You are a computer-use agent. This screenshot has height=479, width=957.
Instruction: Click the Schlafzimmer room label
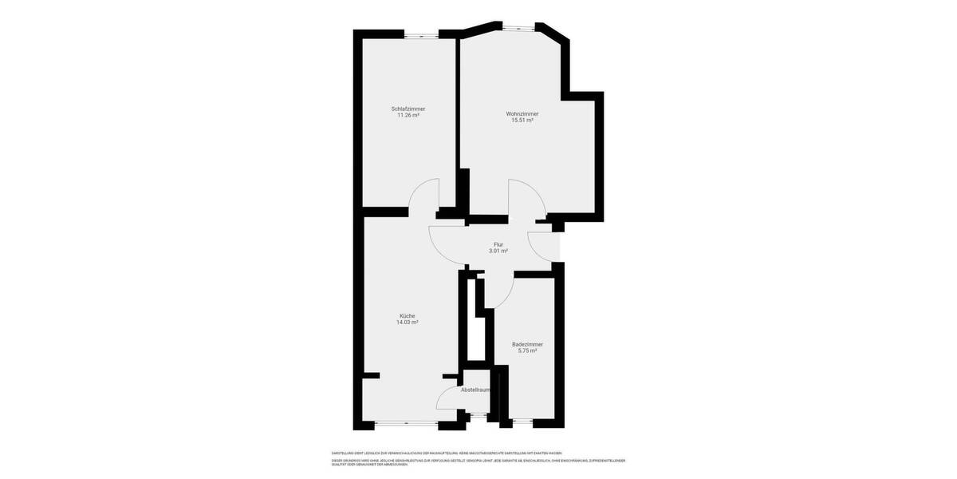(x=408, y=109)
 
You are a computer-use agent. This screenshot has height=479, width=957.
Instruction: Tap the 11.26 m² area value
(x=408, y=115)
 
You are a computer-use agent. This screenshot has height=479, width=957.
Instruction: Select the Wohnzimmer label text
(x=522, y=113)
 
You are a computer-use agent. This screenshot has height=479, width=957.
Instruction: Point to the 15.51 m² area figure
(x=522, y=121)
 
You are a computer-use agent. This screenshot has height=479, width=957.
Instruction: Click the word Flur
(x=498, y=244)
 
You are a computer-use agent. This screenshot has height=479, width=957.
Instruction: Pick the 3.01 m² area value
(x=498, y=251)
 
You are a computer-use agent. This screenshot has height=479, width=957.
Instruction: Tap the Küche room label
(x=408, y=315)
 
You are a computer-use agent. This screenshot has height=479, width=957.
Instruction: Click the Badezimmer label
(x=527, y=344)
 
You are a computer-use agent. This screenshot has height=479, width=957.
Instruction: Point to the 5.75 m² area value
(x=527, y=350)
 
